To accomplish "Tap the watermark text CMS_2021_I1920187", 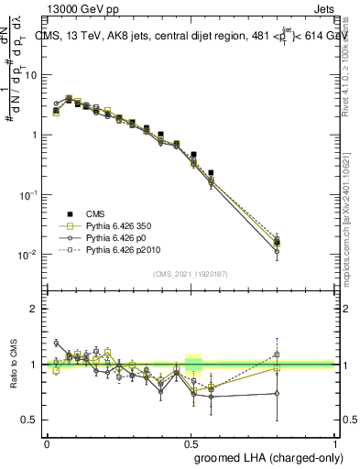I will [x=191, y=274].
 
